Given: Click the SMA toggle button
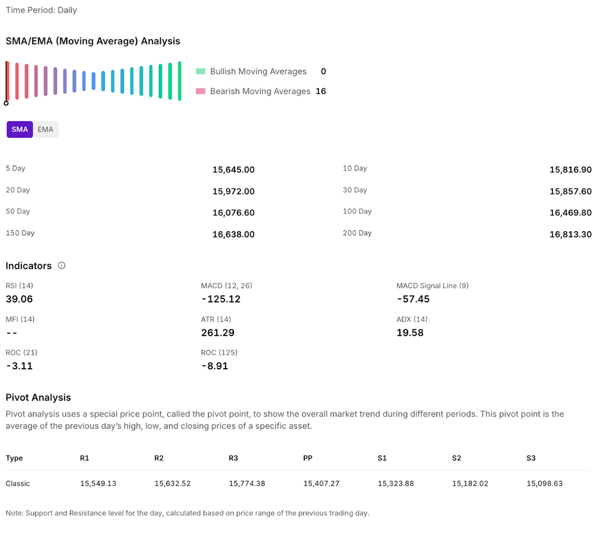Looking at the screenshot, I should click(19, 129).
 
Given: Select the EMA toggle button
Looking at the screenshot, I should click(45, 129).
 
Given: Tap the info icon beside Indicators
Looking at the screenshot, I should click(61, 266).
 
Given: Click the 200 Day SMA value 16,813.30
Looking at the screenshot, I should click(570, 235).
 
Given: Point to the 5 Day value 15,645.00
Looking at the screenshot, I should click(233, 170).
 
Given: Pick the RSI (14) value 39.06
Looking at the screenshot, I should click(19, 299).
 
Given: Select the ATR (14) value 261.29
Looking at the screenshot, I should click(218, 333).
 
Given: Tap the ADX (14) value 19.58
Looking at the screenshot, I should click(410, 333).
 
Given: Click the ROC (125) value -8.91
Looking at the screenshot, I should click(214, 366).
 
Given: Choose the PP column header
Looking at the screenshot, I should click(308, 458).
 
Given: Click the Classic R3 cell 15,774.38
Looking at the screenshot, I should click(247, 483).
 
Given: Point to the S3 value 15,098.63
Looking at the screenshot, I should click(544, 483).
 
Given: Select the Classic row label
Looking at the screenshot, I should click(18, 483).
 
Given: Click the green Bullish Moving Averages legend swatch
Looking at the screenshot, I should click(201, 71).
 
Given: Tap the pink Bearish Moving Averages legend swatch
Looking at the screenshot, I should click(201, 92).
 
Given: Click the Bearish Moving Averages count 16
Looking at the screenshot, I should click(321, 92).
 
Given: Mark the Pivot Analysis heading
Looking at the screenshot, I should click(38, 398).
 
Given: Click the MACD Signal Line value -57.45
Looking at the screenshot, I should click(413, 299).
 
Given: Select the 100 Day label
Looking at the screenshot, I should click(357, 212).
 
